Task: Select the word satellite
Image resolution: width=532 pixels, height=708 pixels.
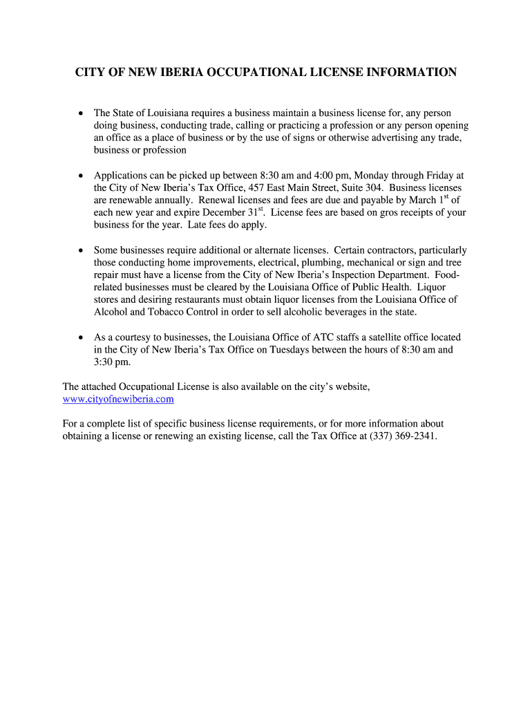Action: click(x=390, y=337)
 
